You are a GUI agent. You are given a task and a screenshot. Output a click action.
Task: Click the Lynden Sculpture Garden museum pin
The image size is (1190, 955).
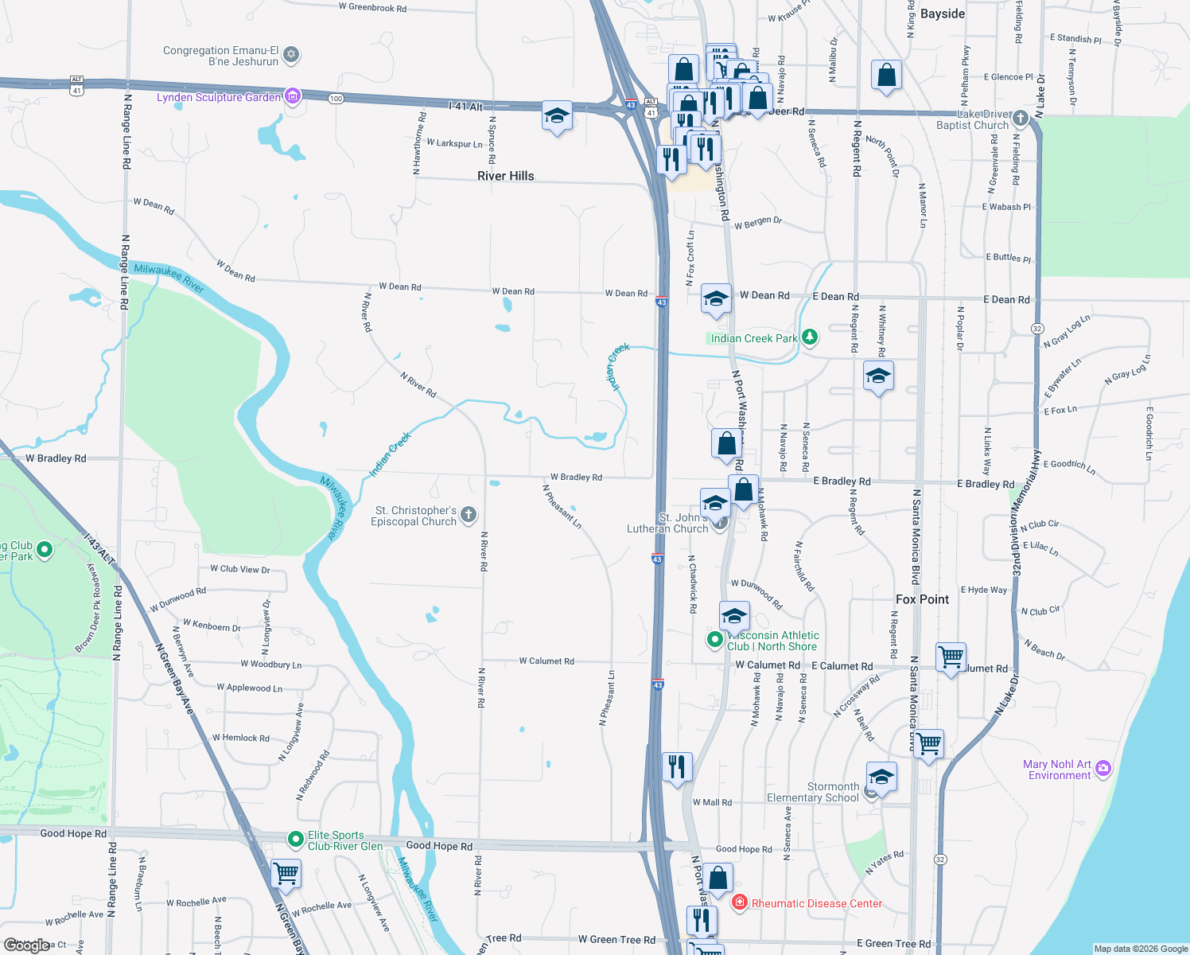[293, 96]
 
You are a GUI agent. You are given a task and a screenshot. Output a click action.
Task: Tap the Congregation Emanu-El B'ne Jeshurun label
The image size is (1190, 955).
[220, 56]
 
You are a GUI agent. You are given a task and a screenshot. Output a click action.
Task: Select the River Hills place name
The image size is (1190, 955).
[505, 176]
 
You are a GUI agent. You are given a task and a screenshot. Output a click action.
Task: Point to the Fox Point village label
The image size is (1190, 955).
[922, 599]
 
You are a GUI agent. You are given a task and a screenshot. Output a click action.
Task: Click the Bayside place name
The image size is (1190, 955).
[942, 14]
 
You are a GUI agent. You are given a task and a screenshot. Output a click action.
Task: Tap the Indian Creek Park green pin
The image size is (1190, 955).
[809, 337]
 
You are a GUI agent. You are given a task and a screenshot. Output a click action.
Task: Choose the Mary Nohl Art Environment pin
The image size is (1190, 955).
[1102, 768]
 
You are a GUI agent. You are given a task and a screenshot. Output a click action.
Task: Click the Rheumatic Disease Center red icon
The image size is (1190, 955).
[740, 902]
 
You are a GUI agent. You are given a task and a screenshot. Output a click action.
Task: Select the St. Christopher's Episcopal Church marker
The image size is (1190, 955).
[469, 515]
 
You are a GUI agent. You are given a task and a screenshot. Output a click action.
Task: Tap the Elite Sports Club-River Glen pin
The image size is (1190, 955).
[295, 839]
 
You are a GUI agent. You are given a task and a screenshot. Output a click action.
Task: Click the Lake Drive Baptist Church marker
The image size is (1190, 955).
[1020, 119]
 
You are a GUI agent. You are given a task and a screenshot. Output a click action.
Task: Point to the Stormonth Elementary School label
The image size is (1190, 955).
[812, 792]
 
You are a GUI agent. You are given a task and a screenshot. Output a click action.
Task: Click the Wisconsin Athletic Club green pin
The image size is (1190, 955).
[714, 638]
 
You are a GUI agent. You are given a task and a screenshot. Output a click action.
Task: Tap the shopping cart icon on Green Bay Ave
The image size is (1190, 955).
[286, 873]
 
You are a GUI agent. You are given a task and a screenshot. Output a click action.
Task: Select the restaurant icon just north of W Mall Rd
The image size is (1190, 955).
[677, 767]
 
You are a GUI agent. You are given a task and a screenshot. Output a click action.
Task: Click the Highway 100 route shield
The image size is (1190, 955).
[336, 99]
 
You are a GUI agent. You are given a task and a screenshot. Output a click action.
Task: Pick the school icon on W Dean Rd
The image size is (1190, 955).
[715, 299]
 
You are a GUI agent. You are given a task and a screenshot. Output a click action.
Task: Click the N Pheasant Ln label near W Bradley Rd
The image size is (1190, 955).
[562, 506]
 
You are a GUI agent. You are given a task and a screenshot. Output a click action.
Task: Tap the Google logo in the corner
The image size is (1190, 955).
[26, 945]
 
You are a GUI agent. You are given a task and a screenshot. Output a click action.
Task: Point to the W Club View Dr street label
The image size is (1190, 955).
[239, 569]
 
